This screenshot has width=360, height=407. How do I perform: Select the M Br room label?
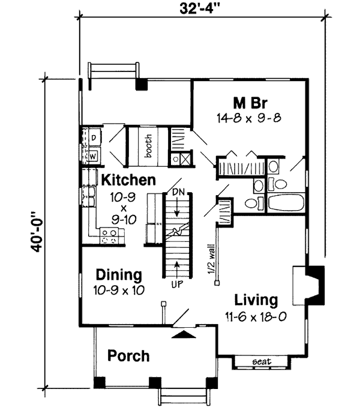(250, 103)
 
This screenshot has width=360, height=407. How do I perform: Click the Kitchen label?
(128, 180)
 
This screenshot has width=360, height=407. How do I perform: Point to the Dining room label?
(119, 276)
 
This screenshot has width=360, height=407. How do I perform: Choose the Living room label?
(256, 300)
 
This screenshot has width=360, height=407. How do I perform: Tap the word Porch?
(128, 356)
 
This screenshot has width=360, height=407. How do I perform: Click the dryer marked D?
(94, 137)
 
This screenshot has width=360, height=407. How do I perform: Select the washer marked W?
(93, 157)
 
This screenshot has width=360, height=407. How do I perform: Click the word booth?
(148, 146)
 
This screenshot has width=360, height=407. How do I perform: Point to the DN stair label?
(178, 192)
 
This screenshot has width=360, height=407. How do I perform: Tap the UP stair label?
(177, 284)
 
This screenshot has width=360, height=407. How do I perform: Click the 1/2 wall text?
(211, 258)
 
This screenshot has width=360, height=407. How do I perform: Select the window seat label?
(262, 361)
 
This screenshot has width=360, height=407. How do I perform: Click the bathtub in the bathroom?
(286, 203)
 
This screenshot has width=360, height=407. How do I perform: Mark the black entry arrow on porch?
(184, 334)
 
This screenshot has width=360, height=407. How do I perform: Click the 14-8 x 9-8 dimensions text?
(249, 118)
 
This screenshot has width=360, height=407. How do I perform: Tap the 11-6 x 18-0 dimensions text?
(256, 317)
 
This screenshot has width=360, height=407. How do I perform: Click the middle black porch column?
(155, 382)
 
